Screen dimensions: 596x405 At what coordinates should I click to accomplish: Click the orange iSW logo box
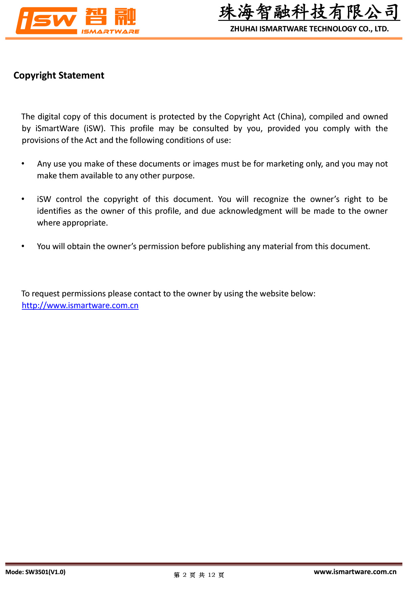[47, 21]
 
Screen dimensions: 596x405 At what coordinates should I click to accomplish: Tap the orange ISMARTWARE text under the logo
[110, 32]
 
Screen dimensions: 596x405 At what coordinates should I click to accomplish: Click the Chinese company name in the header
[309, 12]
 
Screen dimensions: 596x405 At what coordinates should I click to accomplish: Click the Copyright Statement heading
[59, 76]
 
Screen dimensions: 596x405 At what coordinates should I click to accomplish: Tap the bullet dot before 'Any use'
[23, 163]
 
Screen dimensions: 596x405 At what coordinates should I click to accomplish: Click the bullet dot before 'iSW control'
[23, 199]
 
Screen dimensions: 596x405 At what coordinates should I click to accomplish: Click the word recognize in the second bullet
[271, 199]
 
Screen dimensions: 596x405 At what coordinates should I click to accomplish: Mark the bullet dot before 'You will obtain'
[23, 246]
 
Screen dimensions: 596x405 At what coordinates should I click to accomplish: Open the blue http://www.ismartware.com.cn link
[80, 305]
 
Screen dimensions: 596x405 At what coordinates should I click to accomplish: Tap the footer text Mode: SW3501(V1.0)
[35, 572]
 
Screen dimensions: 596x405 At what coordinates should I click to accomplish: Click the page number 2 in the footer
[184, 575]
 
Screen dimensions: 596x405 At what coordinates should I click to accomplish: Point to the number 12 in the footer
[212, 575]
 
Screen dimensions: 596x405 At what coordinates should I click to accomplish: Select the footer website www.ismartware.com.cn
[355, 572]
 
